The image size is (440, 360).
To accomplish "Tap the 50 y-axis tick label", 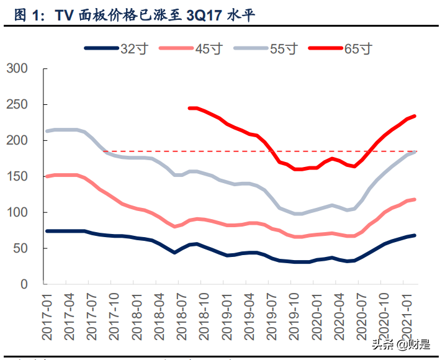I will (x=21, y=248).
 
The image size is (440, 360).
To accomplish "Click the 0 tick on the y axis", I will (x=24, y=284).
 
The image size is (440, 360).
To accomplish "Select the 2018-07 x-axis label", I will (x=181, y=317).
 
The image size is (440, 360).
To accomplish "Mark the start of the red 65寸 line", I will (x=189, y=108).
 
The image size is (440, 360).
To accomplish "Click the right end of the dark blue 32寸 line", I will (x=415, y=235).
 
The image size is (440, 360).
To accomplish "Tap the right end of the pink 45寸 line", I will (x=415, y=199).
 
